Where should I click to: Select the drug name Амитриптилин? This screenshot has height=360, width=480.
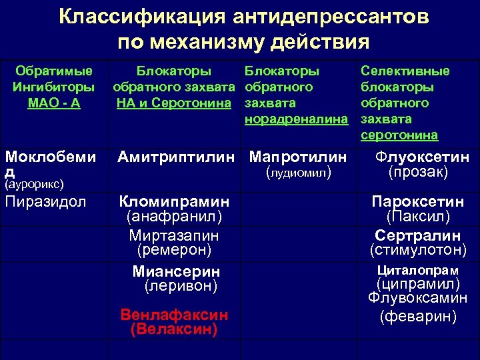click(x=176, y=157)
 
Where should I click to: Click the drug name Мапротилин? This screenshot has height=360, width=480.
click(x=298, y=157)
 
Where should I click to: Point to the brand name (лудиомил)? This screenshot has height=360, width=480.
click(x=298, y=172)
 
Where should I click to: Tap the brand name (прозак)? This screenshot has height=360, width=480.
click(x=418, y=172)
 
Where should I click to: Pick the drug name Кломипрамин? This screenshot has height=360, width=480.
click(x=174, y=201)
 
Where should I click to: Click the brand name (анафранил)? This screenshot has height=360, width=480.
click(x=174, y=217)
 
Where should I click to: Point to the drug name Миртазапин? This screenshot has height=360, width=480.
click(x=174, y=235)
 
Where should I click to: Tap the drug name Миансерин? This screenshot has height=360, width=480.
click(x=176, y=271)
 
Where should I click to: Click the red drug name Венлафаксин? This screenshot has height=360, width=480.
click(x=174, y=314)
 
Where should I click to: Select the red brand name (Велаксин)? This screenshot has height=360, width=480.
click(x=174, y=328)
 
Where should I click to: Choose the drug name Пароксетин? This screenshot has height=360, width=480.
click(x=418, y=201)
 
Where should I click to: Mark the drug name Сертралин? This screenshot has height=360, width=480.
click(x=418, y=235)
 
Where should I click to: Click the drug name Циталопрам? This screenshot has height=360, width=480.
click(x=418, y=270)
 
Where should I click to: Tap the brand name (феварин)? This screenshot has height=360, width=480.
click(x=418, y=317)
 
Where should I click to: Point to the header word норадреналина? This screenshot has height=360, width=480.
click(x=297, y=119)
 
